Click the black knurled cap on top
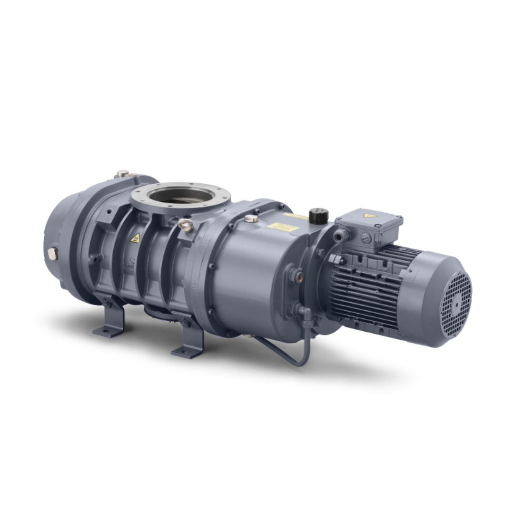(x=318, y=216)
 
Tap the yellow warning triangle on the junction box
(x=368, y=216)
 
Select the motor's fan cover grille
(x=455, y=299)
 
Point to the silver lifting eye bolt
(x=186, y=225)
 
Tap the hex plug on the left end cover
(x=51, y=253)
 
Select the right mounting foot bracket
(x=188, y=340)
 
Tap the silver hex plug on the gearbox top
(x=251, y=218)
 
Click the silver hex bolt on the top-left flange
(x=123, y=174)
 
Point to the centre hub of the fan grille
(x=456, y=300)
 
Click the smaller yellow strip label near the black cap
(x=295, y=217)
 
